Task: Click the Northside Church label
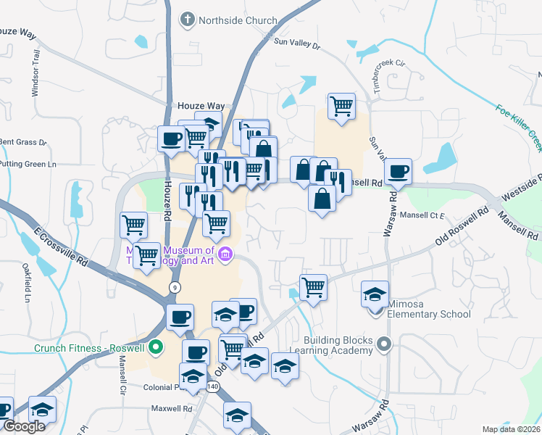[x=236, y=20]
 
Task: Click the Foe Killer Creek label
[x=519, y=128]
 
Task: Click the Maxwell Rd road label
[x=170, y=409]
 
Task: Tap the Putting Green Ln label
[x=28, y=165]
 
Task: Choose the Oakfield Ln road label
[x=28, y=286]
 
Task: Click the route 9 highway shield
[x=174, y=288]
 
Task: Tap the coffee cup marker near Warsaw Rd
[x=398, y=172]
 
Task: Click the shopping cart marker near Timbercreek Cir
[x=341, y=106]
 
